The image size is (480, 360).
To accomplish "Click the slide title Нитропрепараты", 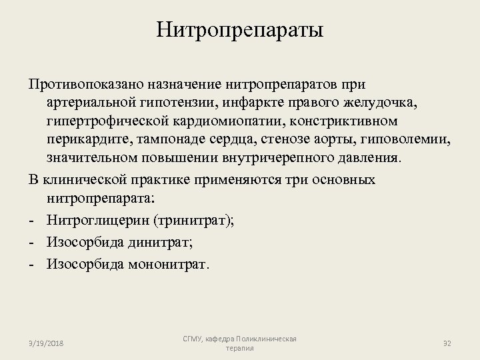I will click(239, 30).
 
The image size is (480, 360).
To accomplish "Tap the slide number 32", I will click(448, 343).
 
